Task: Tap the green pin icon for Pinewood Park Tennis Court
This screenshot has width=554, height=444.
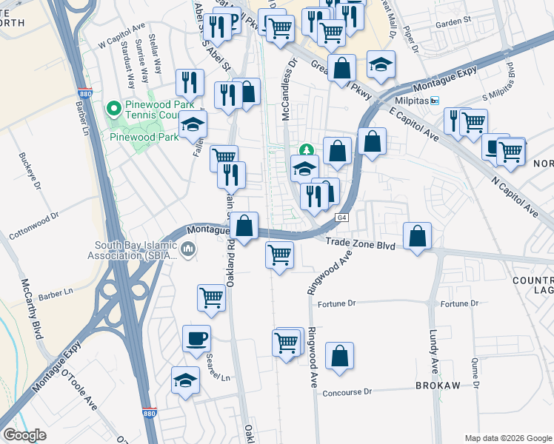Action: [x=113, y=110]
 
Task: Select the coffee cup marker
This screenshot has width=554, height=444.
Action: [x=196, y=339]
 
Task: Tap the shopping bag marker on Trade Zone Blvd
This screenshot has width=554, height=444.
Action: [x=418, y=237]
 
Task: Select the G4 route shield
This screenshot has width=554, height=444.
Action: [x=341, y=218]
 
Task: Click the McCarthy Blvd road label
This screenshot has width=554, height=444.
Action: [x=33, y=309]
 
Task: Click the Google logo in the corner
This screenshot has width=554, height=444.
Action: [x=24, y=435]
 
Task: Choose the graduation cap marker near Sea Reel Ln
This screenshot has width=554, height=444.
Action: [x=185, y=380]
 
